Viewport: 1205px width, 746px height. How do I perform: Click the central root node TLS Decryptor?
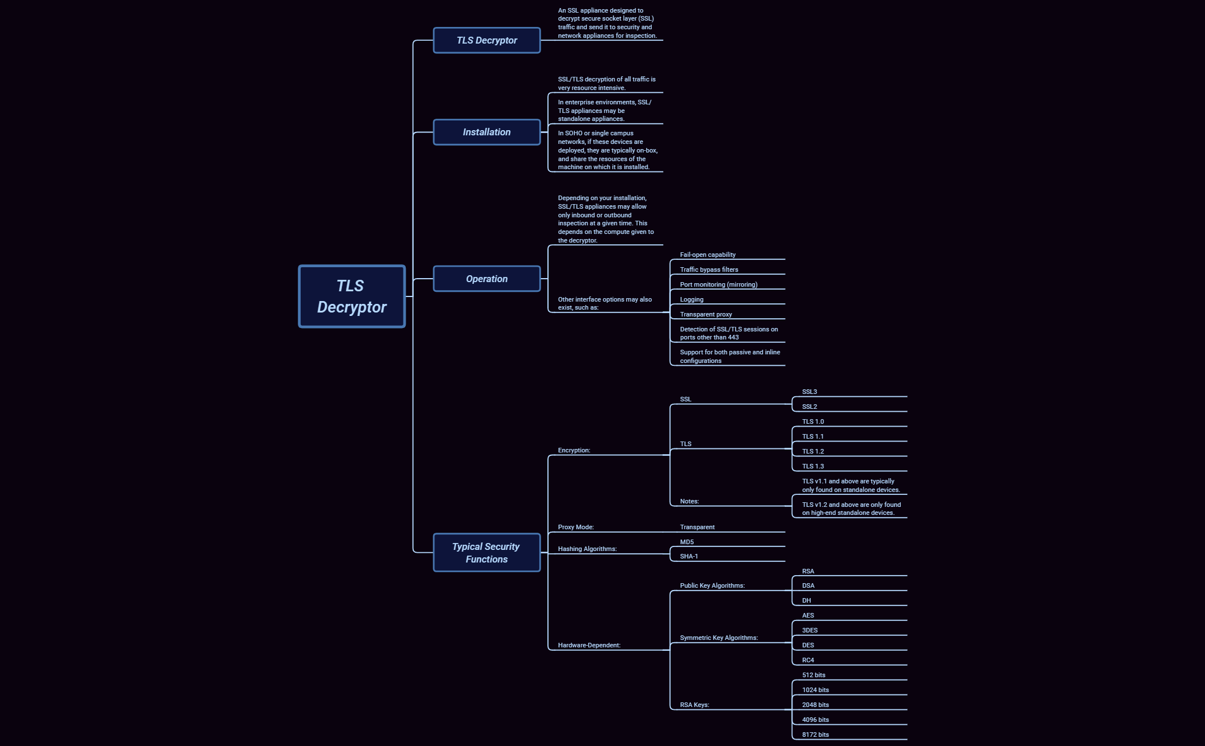click(x=352, y=296)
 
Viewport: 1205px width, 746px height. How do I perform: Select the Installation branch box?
click(x=487, y=132)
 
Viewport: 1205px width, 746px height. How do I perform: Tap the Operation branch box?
click(x=487, y=279)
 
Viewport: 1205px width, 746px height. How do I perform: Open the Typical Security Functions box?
click(x=487, y=553)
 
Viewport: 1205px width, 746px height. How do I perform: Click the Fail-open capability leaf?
click(x=708, y=255)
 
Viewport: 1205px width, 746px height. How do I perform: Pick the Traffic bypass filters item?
click(x=709, y=270)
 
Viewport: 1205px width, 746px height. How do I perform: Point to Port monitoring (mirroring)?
click(x=718, y=284)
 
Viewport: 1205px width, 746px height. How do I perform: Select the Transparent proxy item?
click(x=706, y=314)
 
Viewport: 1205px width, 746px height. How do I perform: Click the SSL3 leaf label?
click(x=809, y=392)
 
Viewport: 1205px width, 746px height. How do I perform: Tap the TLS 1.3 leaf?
click(x=813, y=466)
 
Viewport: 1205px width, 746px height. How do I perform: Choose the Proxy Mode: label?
click(x=576, y=527)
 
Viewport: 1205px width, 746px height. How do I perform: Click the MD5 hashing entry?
click(x=687, y=542)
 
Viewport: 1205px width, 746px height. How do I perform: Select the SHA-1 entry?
click(x=689, y=556)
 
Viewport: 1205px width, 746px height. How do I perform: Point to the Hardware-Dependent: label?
click(x=589, y=645)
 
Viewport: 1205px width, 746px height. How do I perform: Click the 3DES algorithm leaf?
click(x=810, y=630)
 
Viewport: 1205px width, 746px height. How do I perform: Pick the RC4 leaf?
click(x=808, y=660)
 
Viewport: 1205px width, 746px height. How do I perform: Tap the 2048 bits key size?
click(x=815, y=705)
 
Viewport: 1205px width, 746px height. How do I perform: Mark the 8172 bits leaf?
click(x=815, y=735)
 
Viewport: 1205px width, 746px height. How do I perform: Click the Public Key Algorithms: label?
click(x=712, y=585)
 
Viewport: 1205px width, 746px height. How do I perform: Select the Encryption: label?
click(x=574, y=450)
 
